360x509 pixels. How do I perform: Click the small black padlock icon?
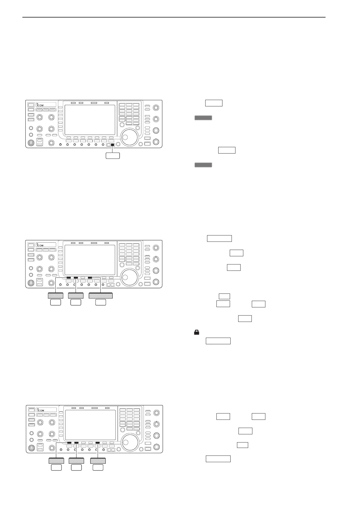coord(196,332)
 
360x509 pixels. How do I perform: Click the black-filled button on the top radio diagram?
coord(113,145)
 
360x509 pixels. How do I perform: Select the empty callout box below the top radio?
coord(112,156)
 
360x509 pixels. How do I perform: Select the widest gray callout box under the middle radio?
coord(101,296)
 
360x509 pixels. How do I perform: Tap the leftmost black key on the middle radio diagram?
coord(69,277)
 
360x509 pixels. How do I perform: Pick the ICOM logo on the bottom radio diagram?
coord(40,410)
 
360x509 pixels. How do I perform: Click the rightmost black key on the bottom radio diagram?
coord(97,443)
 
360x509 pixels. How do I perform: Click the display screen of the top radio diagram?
coord(90,120)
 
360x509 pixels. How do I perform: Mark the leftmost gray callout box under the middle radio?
coord(56,296)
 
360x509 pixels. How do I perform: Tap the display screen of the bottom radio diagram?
coord(90,425)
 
